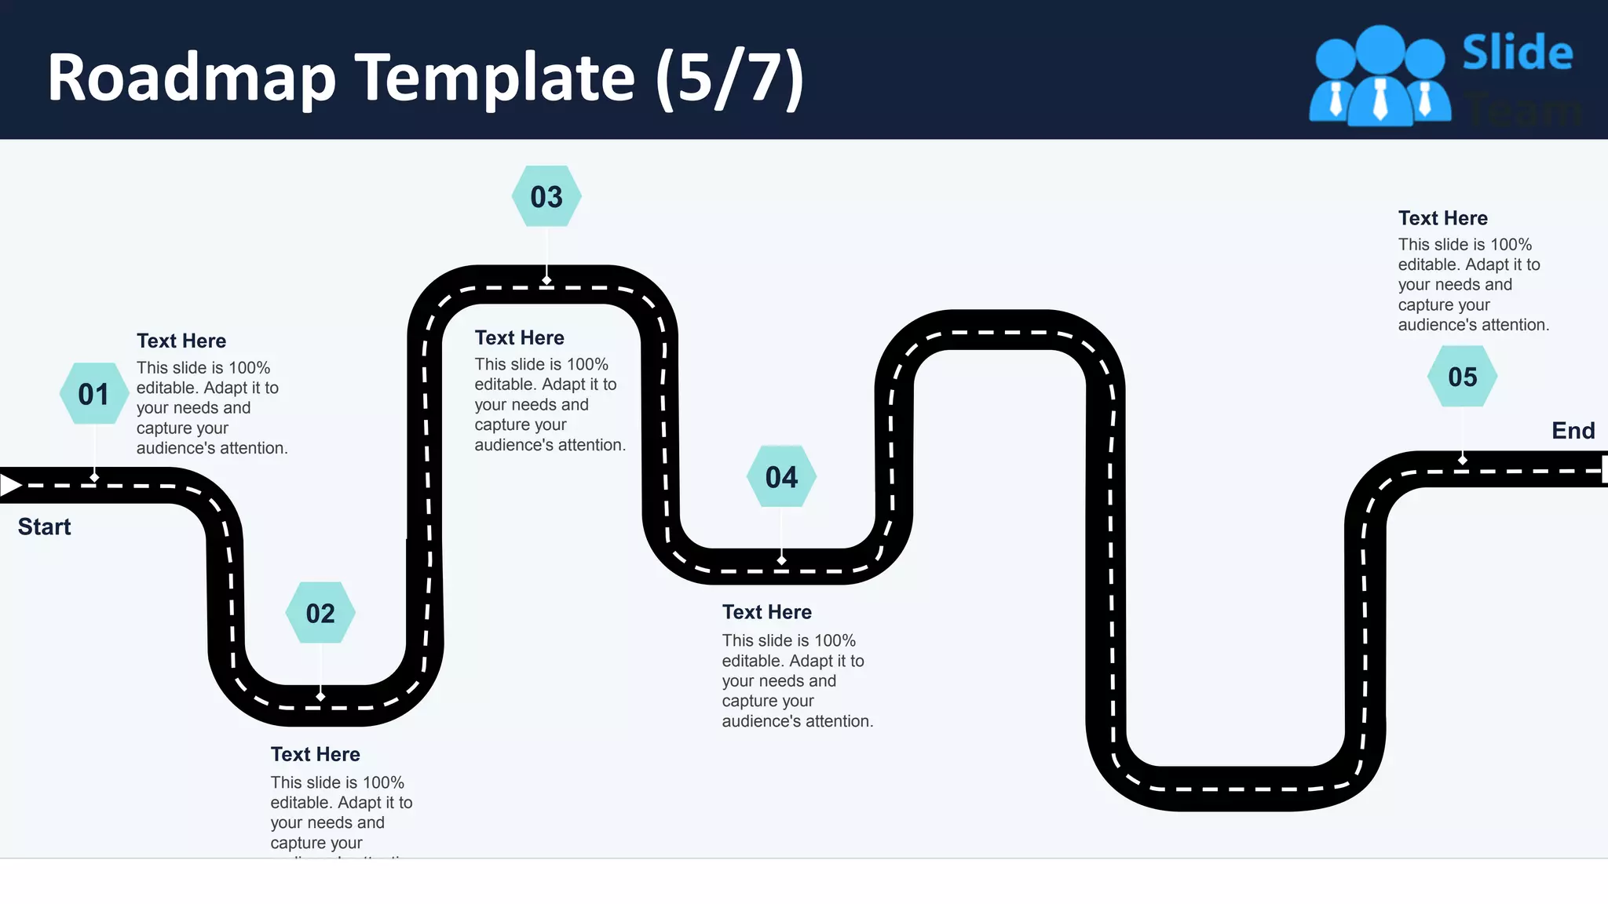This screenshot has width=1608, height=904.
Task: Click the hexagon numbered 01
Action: pos(94,394)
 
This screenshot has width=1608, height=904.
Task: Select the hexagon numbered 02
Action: pos(320,613)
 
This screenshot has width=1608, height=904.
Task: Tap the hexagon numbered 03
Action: pos(546,196)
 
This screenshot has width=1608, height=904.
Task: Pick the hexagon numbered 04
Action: pos(781,476)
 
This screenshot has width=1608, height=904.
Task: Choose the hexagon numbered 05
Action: pos(1462,377)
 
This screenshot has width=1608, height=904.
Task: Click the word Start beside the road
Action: pos(44,527)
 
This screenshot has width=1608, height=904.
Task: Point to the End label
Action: pos(1573,430)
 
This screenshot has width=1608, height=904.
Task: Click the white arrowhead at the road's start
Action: pos(10,485)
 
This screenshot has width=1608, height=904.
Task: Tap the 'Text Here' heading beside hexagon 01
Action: pos(181,341)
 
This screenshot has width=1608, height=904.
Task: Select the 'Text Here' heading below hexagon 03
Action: pos(519,337)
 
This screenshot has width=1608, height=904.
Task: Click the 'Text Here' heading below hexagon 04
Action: pos(766,612)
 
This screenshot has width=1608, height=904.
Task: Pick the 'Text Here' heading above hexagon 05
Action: pos(1442,218)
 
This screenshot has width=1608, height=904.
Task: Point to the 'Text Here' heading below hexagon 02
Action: pos(315,754)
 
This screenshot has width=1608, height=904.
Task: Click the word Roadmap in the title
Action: pos(192,78)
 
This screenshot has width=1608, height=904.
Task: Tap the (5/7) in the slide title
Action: pos(729,78)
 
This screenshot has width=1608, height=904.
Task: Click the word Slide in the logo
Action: pos(1517,53)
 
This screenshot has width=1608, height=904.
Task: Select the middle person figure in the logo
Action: pos(1380,78)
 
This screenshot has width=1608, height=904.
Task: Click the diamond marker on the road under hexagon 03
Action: pos(546,280)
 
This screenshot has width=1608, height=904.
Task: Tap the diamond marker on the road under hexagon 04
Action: pos(781,560)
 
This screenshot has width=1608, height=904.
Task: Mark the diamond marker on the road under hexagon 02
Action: pos(320,697)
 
